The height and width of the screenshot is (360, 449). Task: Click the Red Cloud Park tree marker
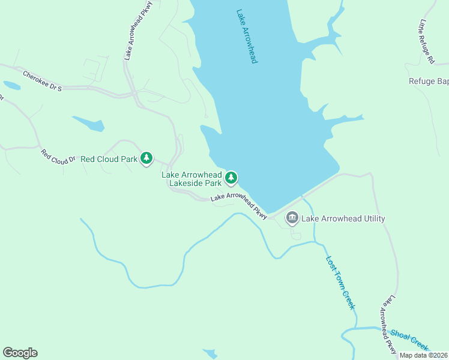click(146, 158)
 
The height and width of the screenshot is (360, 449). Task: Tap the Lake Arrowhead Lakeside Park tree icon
click(231, 178)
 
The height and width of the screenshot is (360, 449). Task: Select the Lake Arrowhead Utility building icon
click(292, 218)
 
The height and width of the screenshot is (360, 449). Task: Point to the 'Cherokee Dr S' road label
click(43, 81)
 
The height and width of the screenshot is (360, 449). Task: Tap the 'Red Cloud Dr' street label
click(58, 155)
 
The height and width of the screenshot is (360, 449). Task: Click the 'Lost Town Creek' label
click(340, 283)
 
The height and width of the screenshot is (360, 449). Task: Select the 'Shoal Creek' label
click(410, 340)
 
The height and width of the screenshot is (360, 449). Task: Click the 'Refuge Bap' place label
click(429, 82)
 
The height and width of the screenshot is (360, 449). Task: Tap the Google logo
click(20, 353)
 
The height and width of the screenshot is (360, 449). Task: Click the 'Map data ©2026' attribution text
click(423, 355)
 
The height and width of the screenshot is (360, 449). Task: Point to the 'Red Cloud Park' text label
click(109, 159)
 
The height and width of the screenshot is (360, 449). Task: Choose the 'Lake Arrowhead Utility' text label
click(343, 218)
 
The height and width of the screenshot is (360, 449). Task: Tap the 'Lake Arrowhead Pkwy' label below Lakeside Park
click(238, 203)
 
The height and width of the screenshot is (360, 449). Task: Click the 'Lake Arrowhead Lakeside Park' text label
click(191, 178)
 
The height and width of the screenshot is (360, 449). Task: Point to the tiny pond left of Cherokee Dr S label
click(11, 85)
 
